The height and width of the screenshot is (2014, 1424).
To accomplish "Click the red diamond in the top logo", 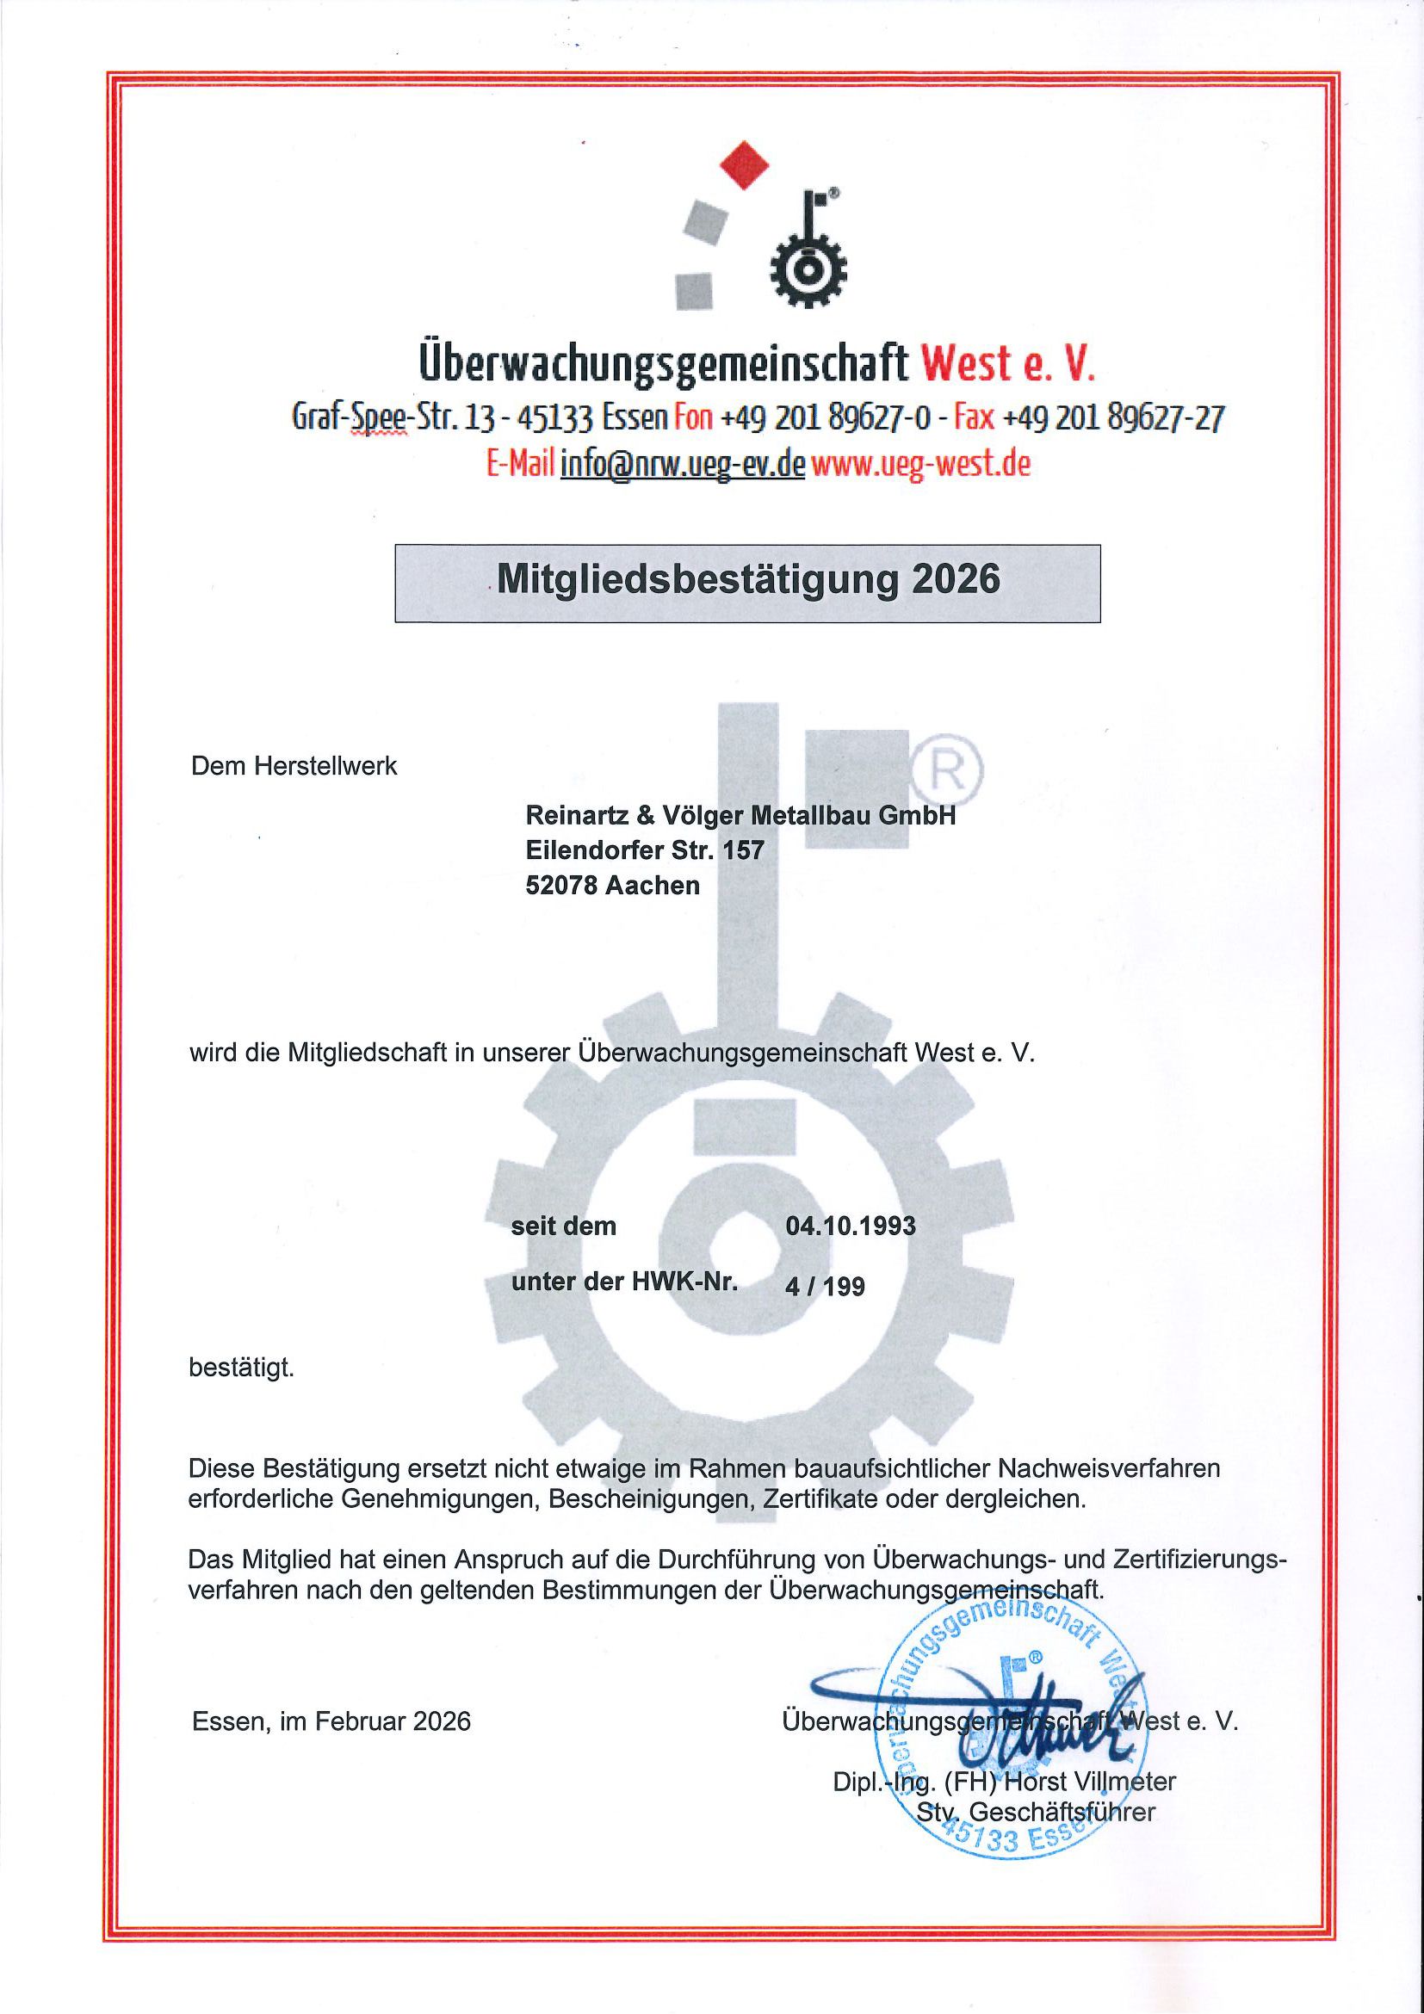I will coord(744,165).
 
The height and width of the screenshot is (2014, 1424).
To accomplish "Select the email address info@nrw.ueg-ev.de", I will coord(682,464).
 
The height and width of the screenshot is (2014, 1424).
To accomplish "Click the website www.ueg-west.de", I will coord(920,464).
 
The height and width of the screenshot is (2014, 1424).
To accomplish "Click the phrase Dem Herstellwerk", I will coord(294,766).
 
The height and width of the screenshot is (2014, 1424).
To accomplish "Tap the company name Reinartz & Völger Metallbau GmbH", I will coord(740,816).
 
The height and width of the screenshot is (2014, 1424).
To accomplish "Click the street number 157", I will coord(744,850).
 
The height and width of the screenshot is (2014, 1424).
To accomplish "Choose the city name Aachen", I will coord(652,885).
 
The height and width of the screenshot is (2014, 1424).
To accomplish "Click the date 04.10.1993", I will coord(851,1226).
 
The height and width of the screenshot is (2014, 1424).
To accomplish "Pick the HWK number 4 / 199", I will coord(825,1286).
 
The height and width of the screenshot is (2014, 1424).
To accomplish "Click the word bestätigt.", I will coord(241,1368).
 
